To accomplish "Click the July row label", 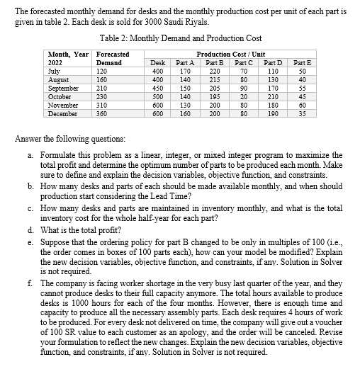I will (x=53, y=72).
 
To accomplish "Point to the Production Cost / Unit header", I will (x=227, y=54).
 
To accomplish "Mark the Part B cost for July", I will (x=215, y=72).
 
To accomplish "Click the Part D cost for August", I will (x=273, y=80).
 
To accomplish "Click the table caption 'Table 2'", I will (x=119, y=38).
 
